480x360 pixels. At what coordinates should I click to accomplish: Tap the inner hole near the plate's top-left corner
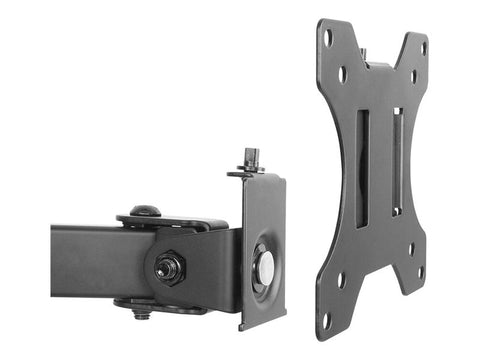(x=343, y=75)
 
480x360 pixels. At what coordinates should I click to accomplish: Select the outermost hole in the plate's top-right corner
(x=423, y=47)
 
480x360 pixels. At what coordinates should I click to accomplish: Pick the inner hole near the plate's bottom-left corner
(x=341, y=281)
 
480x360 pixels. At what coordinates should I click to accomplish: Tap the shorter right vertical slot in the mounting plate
(x=396, y=160)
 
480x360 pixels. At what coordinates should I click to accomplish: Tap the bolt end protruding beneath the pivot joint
(x=143, y=313)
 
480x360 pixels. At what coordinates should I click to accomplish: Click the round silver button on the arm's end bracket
(x=266, y=265)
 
